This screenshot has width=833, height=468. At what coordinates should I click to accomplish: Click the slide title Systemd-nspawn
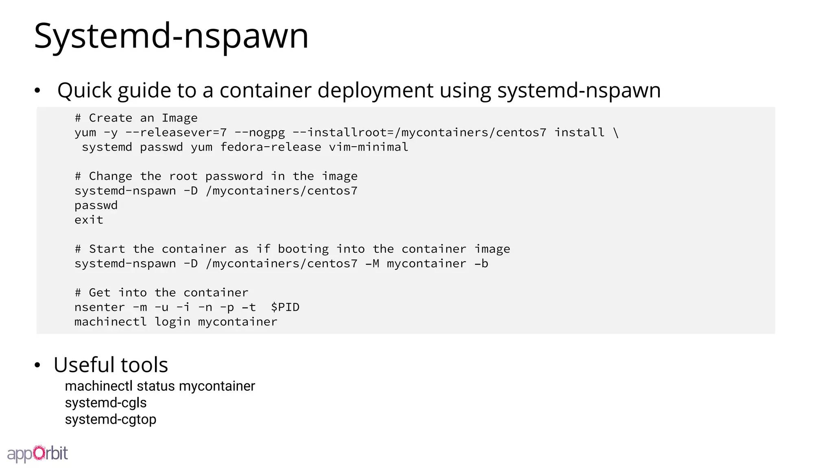point(171,36)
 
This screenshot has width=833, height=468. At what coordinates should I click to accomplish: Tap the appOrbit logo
point(37,454)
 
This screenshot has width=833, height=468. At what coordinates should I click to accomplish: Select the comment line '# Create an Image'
point(136,118)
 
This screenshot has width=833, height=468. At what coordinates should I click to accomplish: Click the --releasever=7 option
point(176,132)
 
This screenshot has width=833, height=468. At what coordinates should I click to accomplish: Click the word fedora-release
point(270,147)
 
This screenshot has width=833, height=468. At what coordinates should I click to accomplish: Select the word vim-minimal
point(369,147)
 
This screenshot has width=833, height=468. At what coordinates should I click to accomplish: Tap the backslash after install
point(616,132)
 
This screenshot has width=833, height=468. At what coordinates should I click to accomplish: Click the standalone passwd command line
point(96,205)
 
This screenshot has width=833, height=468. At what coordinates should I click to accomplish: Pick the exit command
point(89,220)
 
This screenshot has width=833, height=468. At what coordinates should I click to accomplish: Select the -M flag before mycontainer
point(372,264)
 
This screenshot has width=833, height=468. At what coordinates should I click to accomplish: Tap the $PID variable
point(285,307)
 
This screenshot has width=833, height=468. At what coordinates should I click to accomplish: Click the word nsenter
point(99,307)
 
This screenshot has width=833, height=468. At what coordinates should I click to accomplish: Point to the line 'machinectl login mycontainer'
point(176,322)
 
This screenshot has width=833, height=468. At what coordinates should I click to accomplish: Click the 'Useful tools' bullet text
point(111,365)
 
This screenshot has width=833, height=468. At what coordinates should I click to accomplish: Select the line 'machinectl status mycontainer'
point(160,386)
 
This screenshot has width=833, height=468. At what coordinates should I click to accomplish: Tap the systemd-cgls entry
point(106,403)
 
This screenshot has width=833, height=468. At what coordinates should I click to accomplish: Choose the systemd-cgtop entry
point(111,419)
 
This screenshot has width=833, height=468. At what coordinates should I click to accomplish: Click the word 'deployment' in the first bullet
point(375,90)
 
